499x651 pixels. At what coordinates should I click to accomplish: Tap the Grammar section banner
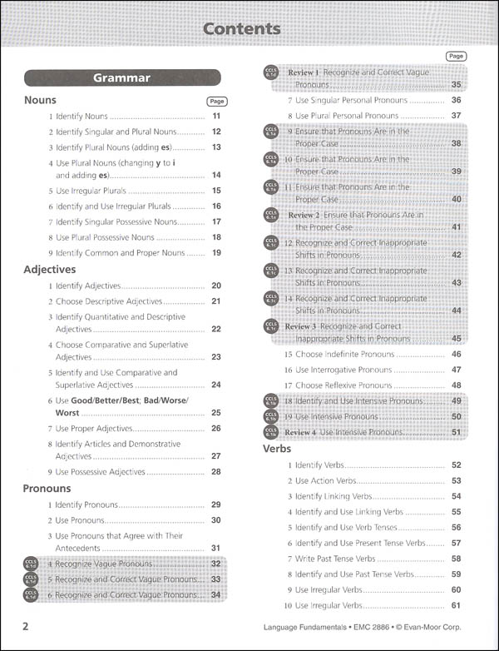tap(121, 78)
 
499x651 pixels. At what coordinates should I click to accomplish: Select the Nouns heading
tap(41, 100)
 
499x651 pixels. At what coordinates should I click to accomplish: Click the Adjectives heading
tap(50, 270)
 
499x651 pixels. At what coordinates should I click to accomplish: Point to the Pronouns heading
tap(47, 489)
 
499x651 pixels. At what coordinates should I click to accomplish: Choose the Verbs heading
tap(277, 448)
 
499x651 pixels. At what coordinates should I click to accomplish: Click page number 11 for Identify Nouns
tap(215, 117)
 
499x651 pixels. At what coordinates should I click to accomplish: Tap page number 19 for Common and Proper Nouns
tap(215, 252)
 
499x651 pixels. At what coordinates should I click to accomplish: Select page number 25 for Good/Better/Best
tap(215, 412)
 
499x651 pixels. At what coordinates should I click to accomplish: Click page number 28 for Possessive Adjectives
tap(215, 472)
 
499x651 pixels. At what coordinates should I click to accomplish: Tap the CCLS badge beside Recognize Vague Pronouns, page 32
tap(32, 564)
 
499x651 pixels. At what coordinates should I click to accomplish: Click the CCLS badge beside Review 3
tap(271, 327)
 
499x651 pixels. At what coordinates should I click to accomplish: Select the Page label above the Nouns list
tap(215, 101)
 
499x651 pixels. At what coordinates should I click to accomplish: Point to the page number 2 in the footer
tap(27, 626)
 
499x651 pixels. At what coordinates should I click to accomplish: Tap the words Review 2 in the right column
tap(304, 215)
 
